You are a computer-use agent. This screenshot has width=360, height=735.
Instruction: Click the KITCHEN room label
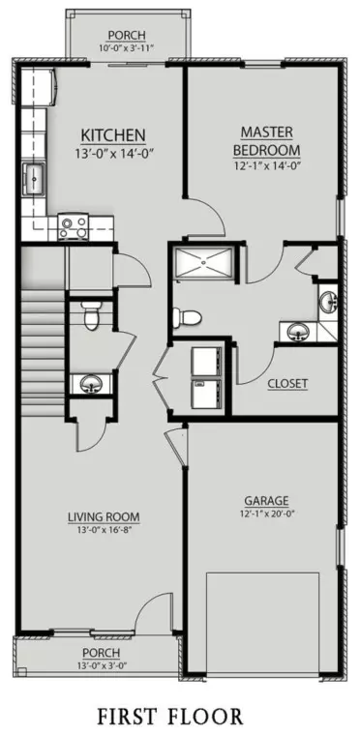(x=112, y=134)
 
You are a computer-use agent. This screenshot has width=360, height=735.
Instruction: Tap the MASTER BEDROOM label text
(x=265, y=139)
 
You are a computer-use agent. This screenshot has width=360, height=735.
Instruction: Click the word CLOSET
(x=287, y=384)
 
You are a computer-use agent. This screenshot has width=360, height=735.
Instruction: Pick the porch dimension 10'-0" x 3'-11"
(x=126, y=48)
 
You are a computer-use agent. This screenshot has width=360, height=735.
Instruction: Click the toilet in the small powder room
(x=90, y=314)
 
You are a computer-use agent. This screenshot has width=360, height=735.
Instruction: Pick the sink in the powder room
(x=90, y=384)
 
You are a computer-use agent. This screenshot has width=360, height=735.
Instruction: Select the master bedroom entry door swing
(x=205, y=218)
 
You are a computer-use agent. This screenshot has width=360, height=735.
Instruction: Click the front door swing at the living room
(x=153, y=615)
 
